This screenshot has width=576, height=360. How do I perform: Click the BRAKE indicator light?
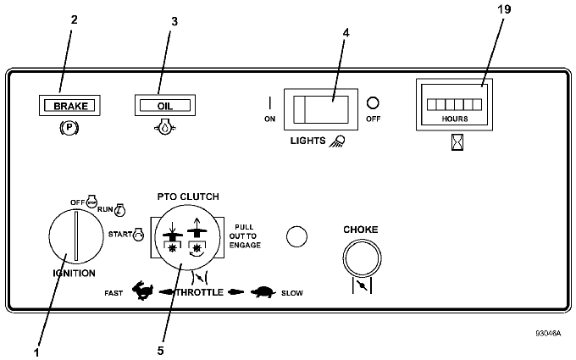click(x=69, y=105)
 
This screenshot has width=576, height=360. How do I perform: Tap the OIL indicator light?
click(x=165, y=105)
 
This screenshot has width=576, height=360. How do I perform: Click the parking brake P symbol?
click(x=69, y=128)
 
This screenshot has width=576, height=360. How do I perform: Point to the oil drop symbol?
click(x=164, y=127)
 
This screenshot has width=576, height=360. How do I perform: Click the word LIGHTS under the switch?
click(x=307, y=141)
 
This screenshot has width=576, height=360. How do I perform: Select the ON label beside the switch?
click(x=269, y=119)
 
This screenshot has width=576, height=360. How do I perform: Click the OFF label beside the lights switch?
click(x=373, y=119)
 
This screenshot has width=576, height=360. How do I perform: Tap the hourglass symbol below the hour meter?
click(x=457, y=141)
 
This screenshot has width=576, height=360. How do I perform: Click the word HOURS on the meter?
click(x=454, y=119)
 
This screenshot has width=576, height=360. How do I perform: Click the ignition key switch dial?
click(x=76, y=235)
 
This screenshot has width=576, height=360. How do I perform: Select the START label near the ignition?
click(x=119, y=234)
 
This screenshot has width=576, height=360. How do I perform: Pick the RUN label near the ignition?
click(x=105, y=209)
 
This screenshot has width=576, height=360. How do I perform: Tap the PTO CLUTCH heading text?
click(x=188, y=197)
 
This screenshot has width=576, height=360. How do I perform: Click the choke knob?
click(x=362, y=258)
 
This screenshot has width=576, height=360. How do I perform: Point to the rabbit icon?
click(x=142, y=291)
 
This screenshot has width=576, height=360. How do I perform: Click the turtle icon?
click(x=263, y=292)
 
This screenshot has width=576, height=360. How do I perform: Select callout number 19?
click(x=504, y=8)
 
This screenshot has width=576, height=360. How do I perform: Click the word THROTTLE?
click(x=199, y=292)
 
